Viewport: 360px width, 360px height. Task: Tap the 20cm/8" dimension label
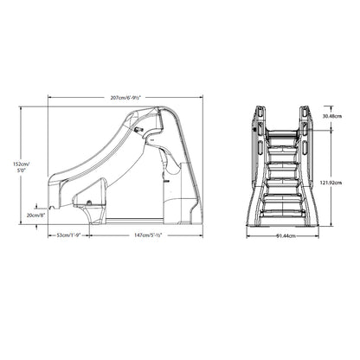tap(36, 214)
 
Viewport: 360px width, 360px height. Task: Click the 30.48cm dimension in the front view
tap(331, 116)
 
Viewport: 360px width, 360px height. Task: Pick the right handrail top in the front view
tap(306, 111)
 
